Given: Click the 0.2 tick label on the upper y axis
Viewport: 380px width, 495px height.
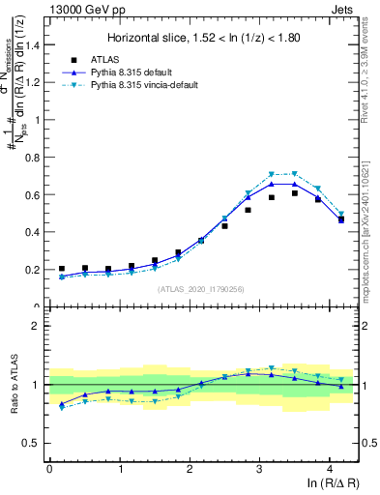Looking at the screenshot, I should [x=34, y=270].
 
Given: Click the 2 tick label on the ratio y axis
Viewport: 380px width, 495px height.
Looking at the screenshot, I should [x=39, y=326].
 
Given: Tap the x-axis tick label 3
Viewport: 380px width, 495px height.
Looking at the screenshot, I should [x=259, y=469].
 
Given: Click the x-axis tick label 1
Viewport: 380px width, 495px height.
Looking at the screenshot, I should [x=119, y=469].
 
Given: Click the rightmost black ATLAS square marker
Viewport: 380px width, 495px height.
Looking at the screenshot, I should [x=340, y=220].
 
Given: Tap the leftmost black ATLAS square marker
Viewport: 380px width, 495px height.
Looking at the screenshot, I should [x=62, y=269].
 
